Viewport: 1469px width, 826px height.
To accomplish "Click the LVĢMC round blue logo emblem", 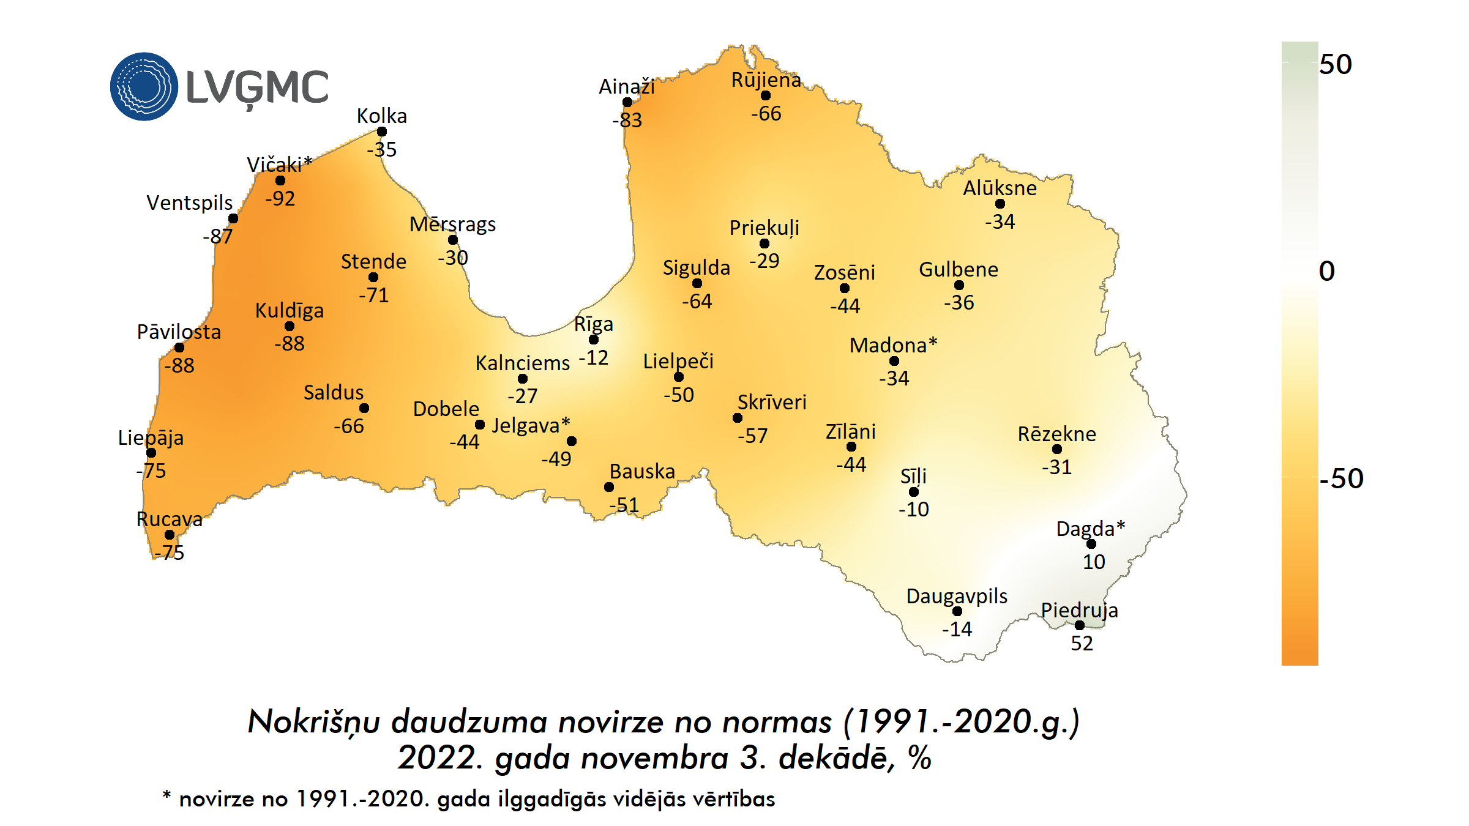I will (144, 86).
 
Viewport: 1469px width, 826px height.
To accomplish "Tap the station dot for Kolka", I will (382, 132).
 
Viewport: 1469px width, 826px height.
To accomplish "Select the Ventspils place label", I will (190, 203).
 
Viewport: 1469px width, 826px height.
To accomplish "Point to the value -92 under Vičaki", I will (280, 198).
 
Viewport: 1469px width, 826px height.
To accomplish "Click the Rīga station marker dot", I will (593, 340).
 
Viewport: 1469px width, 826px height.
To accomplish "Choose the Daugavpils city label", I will (957, 596).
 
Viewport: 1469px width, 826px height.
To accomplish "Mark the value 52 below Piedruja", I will (1082, 643).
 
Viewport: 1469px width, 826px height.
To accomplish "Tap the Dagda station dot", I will (1091, 544).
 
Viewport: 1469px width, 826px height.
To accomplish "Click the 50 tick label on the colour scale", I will (1336, 64).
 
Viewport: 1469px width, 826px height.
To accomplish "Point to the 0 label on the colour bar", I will (1327, 271).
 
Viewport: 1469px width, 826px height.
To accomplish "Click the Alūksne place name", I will (1000, 188).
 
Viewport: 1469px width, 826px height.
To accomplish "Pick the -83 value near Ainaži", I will (627, 120).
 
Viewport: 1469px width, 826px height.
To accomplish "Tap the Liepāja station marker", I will (151, 453).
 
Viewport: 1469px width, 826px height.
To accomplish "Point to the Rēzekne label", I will (1056, 434).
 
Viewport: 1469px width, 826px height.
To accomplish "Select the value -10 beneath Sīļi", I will (913, 509).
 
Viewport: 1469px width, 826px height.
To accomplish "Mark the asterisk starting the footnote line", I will (166, 795).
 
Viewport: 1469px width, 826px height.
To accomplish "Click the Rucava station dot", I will (170, 535).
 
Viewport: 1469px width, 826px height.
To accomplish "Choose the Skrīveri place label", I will (772, 402).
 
